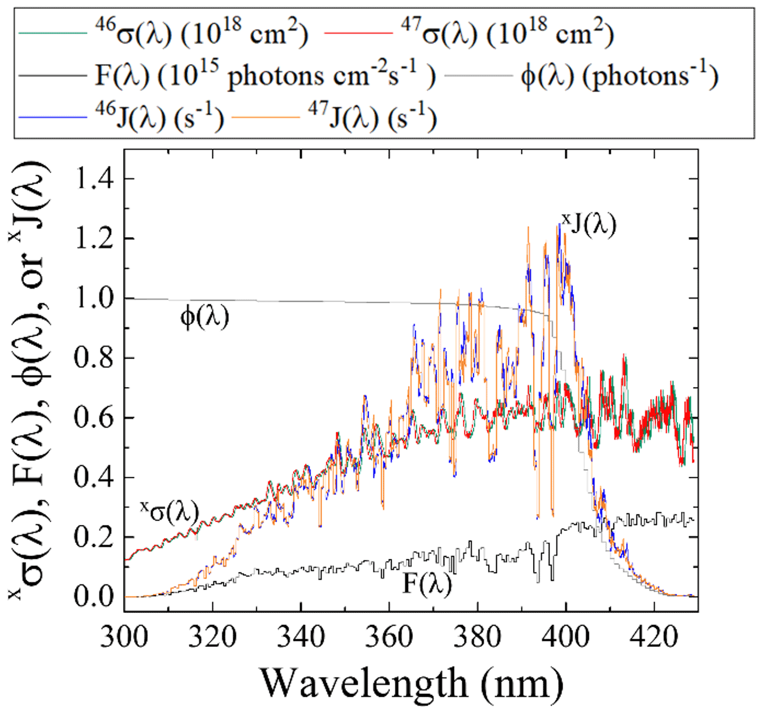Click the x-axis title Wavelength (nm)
click(411, 684)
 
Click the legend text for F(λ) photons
click(265, 76)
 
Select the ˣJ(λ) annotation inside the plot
click(588, 225)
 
